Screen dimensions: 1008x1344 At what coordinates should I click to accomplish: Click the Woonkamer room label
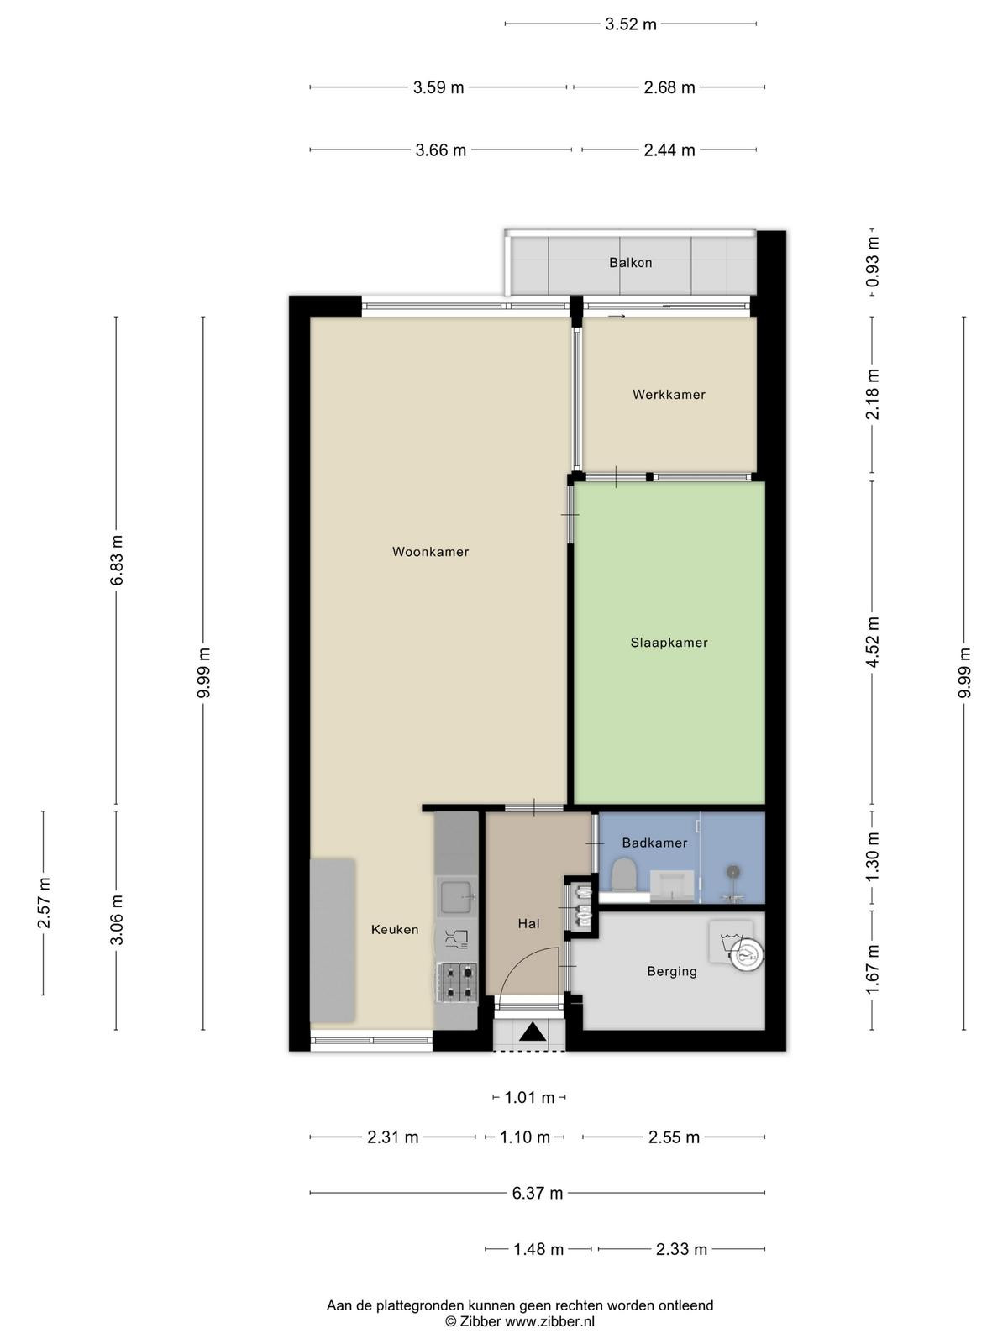tap(430, 552)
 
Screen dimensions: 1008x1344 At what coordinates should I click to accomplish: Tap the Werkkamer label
tap(669, 395)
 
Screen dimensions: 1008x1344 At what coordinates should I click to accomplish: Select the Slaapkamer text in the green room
tap(669, 643)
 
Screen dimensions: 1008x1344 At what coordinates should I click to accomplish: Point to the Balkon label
tap(630, 263)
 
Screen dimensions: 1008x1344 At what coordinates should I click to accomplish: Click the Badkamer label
tap(654, 843)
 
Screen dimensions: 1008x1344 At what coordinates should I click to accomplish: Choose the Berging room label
tap(672, 971)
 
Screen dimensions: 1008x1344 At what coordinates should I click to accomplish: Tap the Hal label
tap(529, 923)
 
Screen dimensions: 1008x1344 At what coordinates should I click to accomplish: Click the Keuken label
tap(395, 930)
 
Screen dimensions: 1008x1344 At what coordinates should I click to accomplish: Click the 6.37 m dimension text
tap(538, 1193)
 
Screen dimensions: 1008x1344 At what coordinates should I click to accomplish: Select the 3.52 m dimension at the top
tap(630, 24)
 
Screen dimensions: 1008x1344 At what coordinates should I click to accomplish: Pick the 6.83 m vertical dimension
tap(117, 559)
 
